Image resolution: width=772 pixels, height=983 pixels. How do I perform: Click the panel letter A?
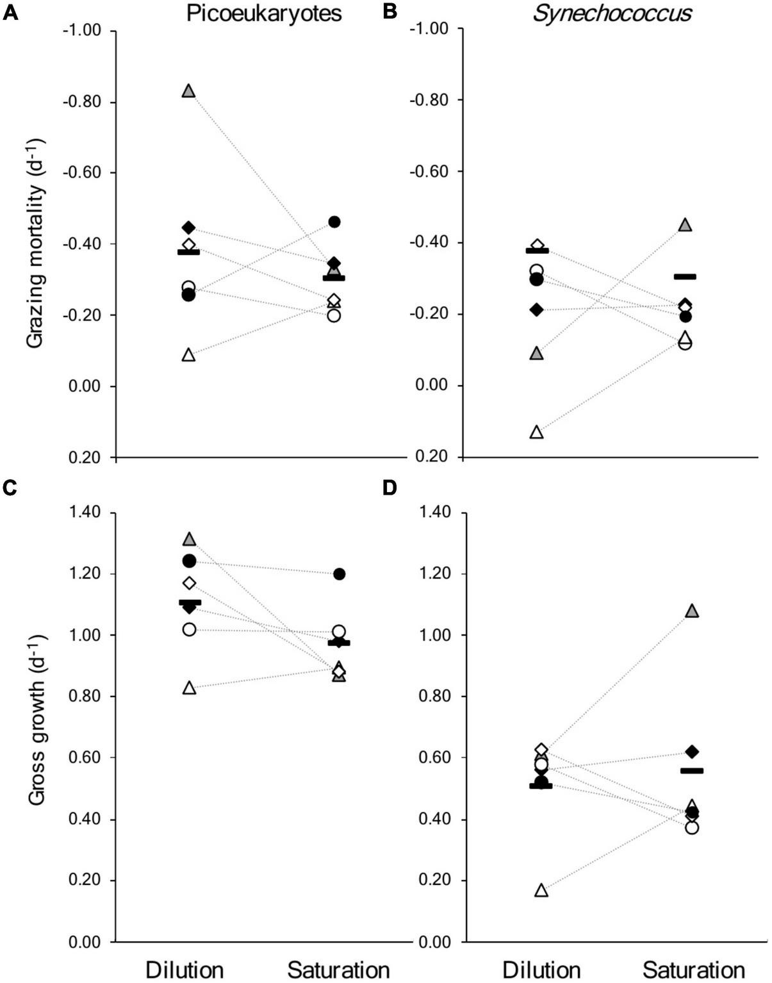coord(11,13)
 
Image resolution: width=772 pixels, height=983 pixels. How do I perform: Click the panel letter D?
coord(390,488)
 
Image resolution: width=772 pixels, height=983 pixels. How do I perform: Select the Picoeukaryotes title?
coord(264,13)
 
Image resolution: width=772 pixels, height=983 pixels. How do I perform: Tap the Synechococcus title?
coord(612,13)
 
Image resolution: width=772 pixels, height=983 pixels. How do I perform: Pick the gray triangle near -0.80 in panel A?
coord(188,91)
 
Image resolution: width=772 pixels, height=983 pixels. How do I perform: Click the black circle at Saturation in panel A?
coord(334,222)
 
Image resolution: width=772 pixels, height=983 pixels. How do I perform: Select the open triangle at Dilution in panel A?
coord(188,355)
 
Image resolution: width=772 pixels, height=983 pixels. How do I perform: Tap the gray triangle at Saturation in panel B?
coord(686,225)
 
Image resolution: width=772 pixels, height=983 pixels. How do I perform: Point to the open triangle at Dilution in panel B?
coord(537,433)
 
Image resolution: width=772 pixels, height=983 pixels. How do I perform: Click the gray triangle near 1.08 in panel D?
coord(692,611)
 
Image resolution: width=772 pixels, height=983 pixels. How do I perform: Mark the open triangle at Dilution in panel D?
coord(541,890)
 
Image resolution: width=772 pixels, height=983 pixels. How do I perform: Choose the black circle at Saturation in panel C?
coord(339,574)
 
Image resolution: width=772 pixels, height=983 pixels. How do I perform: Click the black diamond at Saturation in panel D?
coord(692,752)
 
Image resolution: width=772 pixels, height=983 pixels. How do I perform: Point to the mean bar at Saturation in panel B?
coord(685,277)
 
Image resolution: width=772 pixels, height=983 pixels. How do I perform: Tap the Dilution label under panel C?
coord(185,970)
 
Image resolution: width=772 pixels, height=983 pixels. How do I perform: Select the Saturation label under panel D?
coord(694,970)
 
